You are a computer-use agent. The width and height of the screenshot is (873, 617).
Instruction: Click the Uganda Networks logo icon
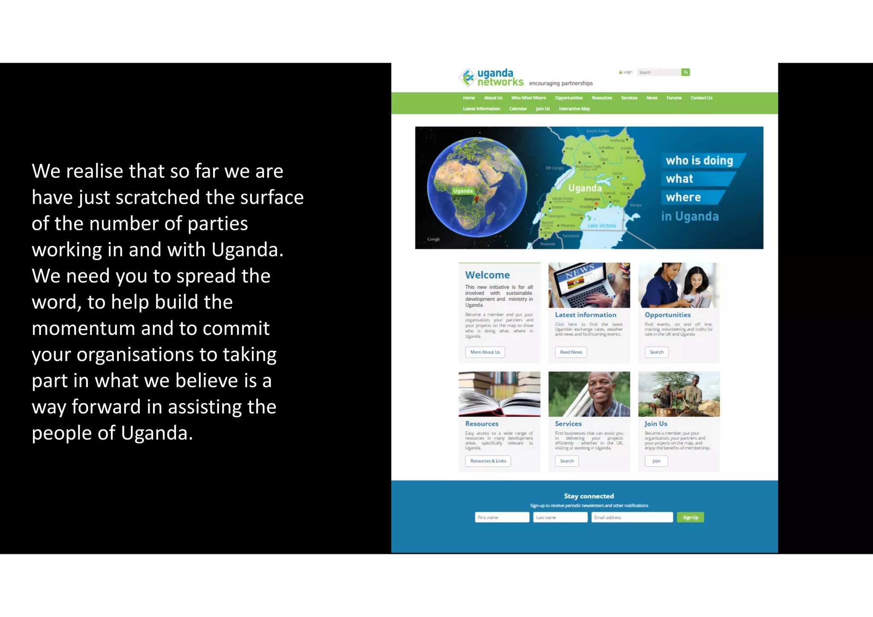pyautogui.click(x=468, y=77)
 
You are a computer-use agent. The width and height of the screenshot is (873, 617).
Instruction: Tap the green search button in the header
pyautogui.click(x=685, y=72)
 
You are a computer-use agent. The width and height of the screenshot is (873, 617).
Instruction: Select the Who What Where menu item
pyautogui.click(x=528, y=98)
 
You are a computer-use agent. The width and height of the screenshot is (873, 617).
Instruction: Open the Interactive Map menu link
pyautogui.click(x=574, y=109)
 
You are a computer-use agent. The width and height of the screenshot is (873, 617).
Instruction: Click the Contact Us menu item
pyautogui.click(x=701, y=98)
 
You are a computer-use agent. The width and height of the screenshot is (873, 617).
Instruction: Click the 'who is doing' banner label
pyautogui.click(x=700, y=161)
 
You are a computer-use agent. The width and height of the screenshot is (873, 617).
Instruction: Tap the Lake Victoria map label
pyautogui.click(x=601, y=226)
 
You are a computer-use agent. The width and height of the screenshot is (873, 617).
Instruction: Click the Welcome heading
pyautogui.click(x=487, y=275)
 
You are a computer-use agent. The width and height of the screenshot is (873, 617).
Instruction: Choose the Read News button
pyautogui.click(x=571, y=352)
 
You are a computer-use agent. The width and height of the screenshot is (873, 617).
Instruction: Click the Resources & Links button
pyautogui.click(x=488, y=461)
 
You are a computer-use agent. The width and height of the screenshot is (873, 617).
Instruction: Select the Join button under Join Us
pyautogui.click(x=656, y=461)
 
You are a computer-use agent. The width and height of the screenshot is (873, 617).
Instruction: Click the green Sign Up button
pyautogui.click(x=690, y=518)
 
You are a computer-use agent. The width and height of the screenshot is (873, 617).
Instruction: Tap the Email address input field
pyautogui.click(x=632, y=518)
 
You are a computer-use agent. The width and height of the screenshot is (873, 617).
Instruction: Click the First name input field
pyautogui.click(x=502, y=518)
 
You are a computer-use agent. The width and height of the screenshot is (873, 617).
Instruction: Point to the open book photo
pyautogui.click(x=499, y=394)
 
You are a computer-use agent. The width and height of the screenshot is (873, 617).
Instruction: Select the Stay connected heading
pyautogui.click(x=589, y=496)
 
